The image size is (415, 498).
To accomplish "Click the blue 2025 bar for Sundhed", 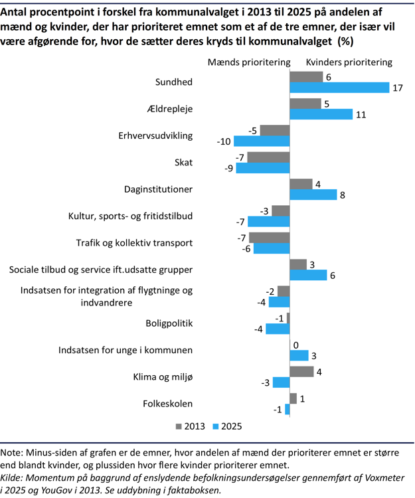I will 339,88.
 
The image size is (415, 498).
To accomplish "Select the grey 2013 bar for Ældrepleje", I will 305,104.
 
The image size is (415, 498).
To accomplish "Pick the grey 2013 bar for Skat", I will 270,157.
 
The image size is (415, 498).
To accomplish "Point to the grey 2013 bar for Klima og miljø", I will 301,371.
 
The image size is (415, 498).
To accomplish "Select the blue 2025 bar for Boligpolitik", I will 278,329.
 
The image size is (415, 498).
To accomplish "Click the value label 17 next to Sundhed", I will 398,88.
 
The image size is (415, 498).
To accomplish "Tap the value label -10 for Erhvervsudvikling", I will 223,141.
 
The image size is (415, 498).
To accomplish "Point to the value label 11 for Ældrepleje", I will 361,114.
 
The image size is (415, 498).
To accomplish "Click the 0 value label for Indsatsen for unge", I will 295,345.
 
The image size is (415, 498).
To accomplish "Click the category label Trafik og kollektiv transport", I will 134,242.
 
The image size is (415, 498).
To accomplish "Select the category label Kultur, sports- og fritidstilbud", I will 130,216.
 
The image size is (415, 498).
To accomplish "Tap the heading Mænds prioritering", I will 250,62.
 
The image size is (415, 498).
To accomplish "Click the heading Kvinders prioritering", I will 349,62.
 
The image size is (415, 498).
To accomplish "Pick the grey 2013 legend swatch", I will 179,426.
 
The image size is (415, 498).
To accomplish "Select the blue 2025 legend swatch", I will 216,426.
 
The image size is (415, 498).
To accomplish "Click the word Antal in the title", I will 17,11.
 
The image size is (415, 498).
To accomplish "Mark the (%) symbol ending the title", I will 345,41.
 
